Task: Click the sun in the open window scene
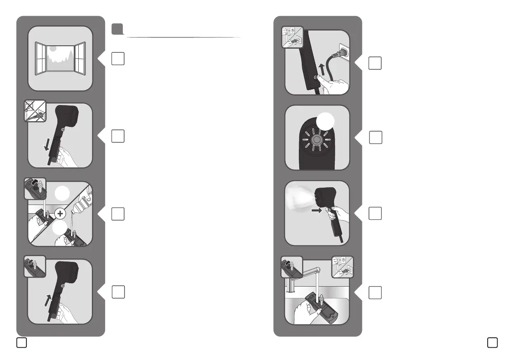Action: point(52,48)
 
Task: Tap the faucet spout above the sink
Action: point(313,270)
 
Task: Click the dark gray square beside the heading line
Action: point(117,29)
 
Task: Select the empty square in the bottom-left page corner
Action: point(22,343)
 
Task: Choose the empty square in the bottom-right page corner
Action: point(492,343)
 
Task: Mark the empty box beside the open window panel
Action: point(117,59)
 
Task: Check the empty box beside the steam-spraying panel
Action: point(375,213)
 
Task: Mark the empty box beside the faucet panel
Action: point(375,292)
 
